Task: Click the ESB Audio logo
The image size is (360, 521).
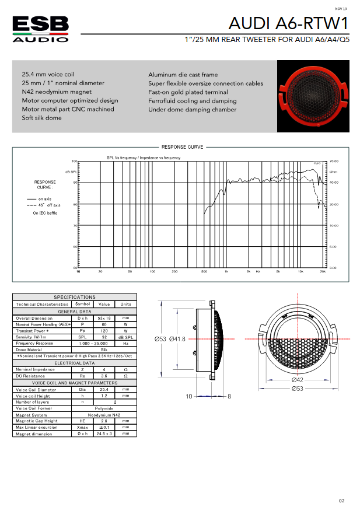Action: click(x=41, y=29)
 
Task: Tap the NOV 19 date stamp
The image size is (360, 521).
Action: click(x=341, y=9)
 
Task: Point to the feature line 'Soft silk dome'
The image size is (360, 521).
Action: click(x=41, y=118)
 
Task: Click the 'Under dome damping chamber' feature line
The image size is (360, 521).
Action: click(x=193, y=109)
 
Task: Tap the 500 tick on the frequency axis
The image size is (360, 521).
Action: click(x=204, y=272)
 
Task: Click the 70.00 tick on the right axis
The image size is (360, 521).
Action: click(x=333, y=161)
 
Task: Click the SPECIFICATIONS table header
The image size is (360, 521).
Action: click(x=75, y=297)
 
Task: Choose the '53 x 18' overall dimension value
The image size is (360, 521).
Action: click(x=104, y=318)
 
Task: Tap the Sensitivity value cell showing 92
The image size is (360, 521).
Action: click(x=104, y=337)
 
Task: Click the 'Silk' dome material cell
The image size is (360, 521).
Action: click(x=104, y=350)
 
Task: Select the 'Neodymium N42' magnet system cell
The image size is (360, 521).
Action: click(x=104, y=414)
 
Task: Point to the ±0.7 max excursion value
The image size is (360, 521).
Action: click(x=104, y=428)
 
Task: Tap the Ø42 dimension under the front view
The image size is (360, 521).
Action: click(x=298, y=380)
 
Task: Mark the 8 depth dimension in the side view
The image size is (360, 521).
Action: click(x=229, y=396)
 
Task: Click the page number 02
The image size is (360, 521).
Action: click(x=342, y=501)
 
